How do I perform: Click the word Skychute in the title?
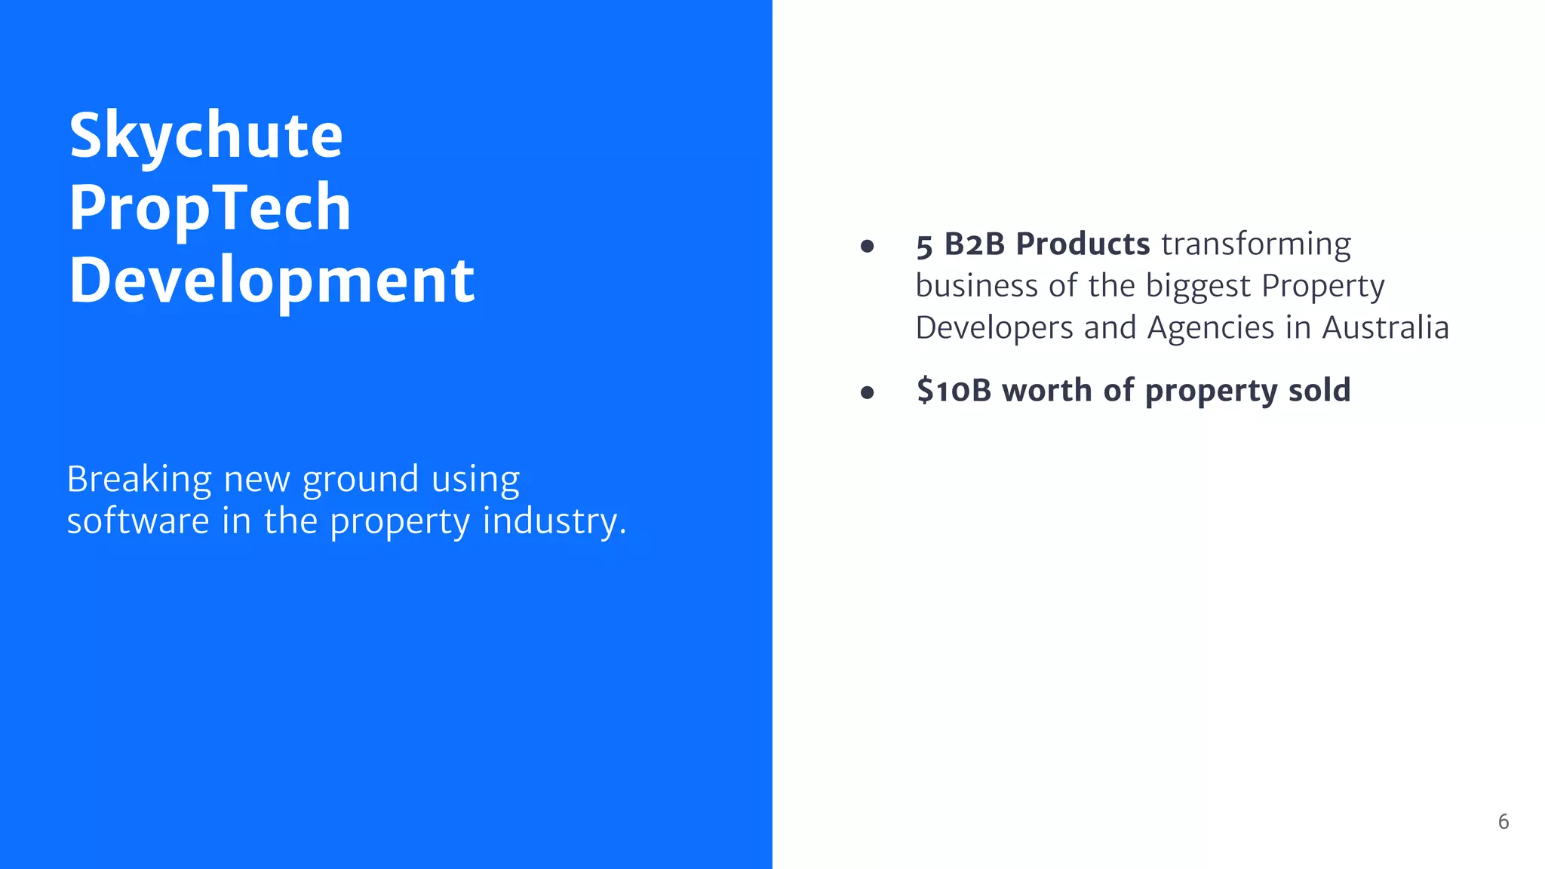pyautogui.click(x=206, y=136)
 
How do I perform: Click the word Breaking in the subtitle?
pyautogui.click(x=139, y=479)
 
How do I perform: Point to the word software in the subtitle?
pyautogui.click(x=138, y=521)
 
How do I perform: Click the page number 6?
pyautogui.click(x=1503, y=821)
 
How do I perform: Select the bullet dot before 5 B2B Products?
pyautogui.click(x=867, y=246)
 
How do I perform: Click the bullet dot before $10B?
pyautogui.click(x=867, y=392)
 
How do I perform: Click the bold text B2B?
pyautogui.click(x=974, y=244)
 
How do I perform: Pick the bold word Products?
pyautogui.click(x=1083, y=244)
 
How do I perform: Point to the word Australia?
pyautogui.click(x=1385, y=328)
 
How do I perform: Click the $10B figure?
pyautogui.click(x=953, y=391)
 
